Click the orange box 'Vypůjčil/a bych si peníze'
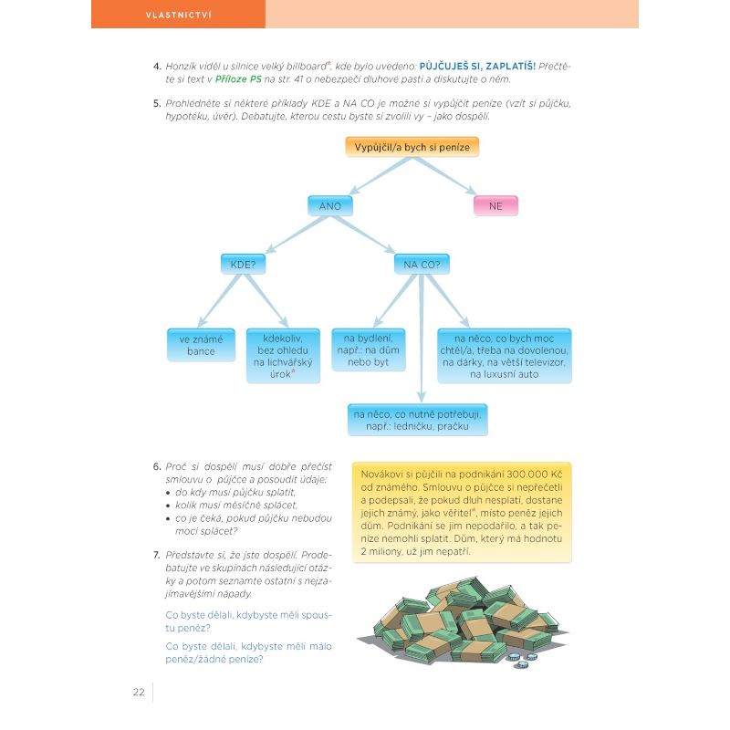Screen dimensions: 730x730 (412, 148)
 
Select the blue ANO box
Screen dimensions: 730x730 (330, 206)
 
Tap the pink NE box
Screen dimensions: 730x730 (495, 206)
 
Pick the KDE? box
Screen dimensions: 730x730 (242, 265)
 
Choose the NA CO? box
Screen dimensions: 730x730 (422, 265)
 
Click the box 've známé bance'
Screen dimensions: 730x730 (201, 345)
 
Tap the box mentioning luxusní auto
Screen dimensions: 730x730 (504, 356)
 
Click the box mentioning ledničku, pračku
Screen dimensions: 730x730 (418, 420)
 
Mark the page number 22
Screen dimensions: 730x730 (139, 691)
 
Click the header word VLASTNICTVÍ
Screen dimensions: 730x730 (178, 15)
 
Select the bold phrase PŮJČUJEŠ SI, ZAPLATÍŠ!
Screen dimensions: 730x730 (477, 67)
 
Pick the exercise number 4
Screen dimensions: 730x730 (157, 67)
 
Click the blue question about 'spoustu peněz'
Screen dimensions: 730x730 (249, 621)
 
